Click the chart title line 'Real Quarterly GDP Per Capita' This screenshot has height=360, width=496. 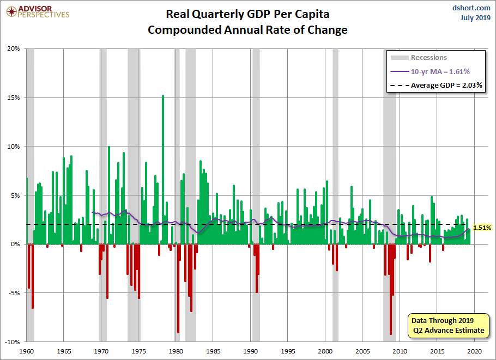point(247,14)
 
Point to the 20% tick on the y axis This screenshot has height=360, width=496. point(14,48)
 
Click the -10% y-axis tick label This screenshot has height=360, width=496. point(12,342)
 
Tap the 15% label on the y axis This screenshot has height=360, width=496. point(14,97)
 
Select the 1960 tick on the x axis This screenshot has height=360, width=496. point(26,351)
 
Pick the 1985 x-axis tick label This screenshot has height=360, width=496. point(213,351)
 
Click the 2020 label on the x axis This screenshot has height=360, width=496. point(474,351)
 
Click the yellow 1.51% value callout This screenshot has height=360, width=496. point(482,228)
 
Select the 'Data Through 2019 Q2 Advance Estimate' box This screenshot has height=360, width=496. point(447,325)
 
